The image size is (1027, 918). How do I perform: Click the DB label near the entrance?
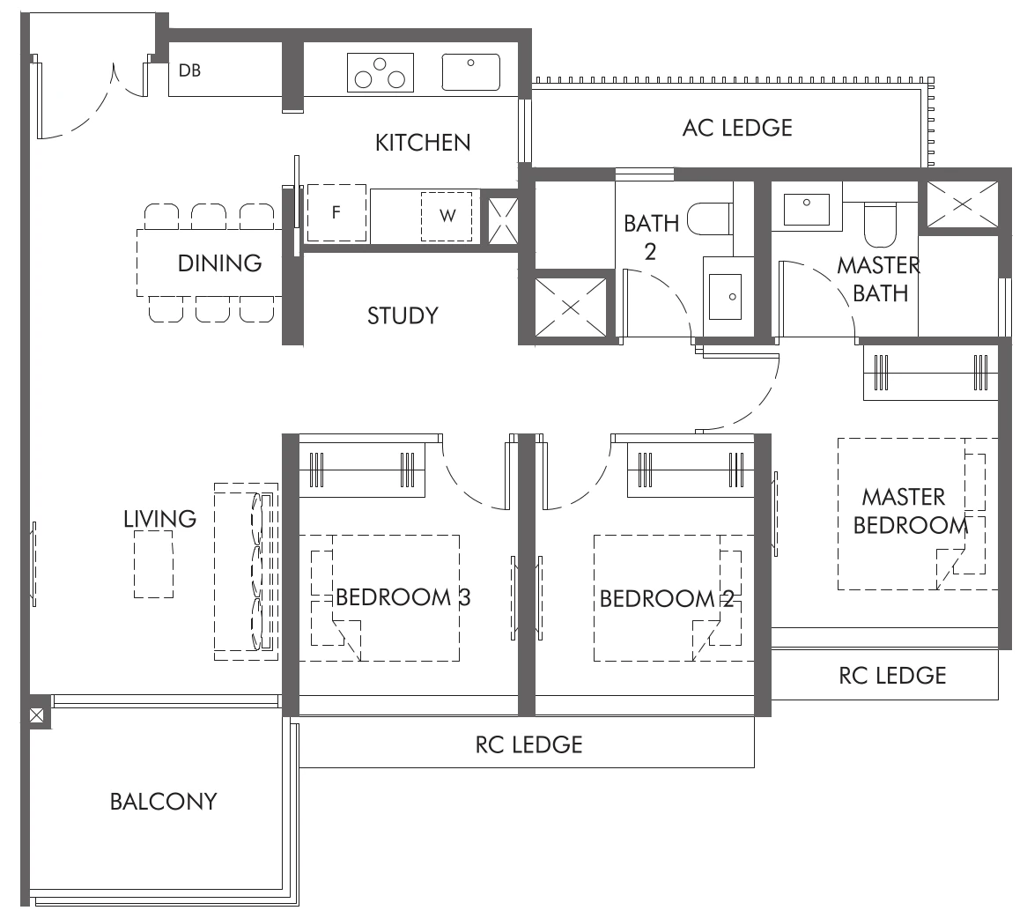click(x=189, y=70)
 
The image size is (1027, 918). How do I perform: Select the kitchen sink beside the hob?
click(x=470, y=72)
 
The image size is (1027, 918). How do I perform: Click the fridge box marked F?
click(x=336, y=213)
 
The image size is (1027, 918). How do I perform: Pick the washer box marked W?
click(x=447, y=215)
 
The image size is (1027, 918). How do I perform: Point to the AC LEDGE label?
click(x=737, y=128)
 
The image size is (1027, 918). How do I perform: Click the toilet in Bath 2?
click(x=710, y=218)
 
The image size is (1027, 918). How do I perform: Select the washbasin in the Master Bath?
click(x=806, y=209)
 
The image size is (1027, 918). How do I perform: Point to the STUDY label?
click(x=403, y=315)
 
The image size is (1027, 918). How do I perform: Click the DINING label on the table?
click(x=219, y=263)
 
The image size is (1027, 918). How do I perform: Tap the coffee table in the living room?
click(x=153, y=565)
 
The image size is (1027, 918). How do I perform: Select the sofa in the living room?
click(x=248, y=572)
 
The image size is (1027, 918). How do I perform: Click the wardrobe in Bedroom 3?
click(x=362, y=469)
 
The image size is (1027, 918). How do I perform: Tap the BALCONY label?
click(x=163, y=801)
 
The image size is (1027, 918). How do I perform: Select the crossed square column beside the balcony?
click(x=37, y=715)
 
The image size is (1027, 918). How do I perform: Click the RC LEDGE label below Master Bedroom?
click(x=892, y=675)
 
